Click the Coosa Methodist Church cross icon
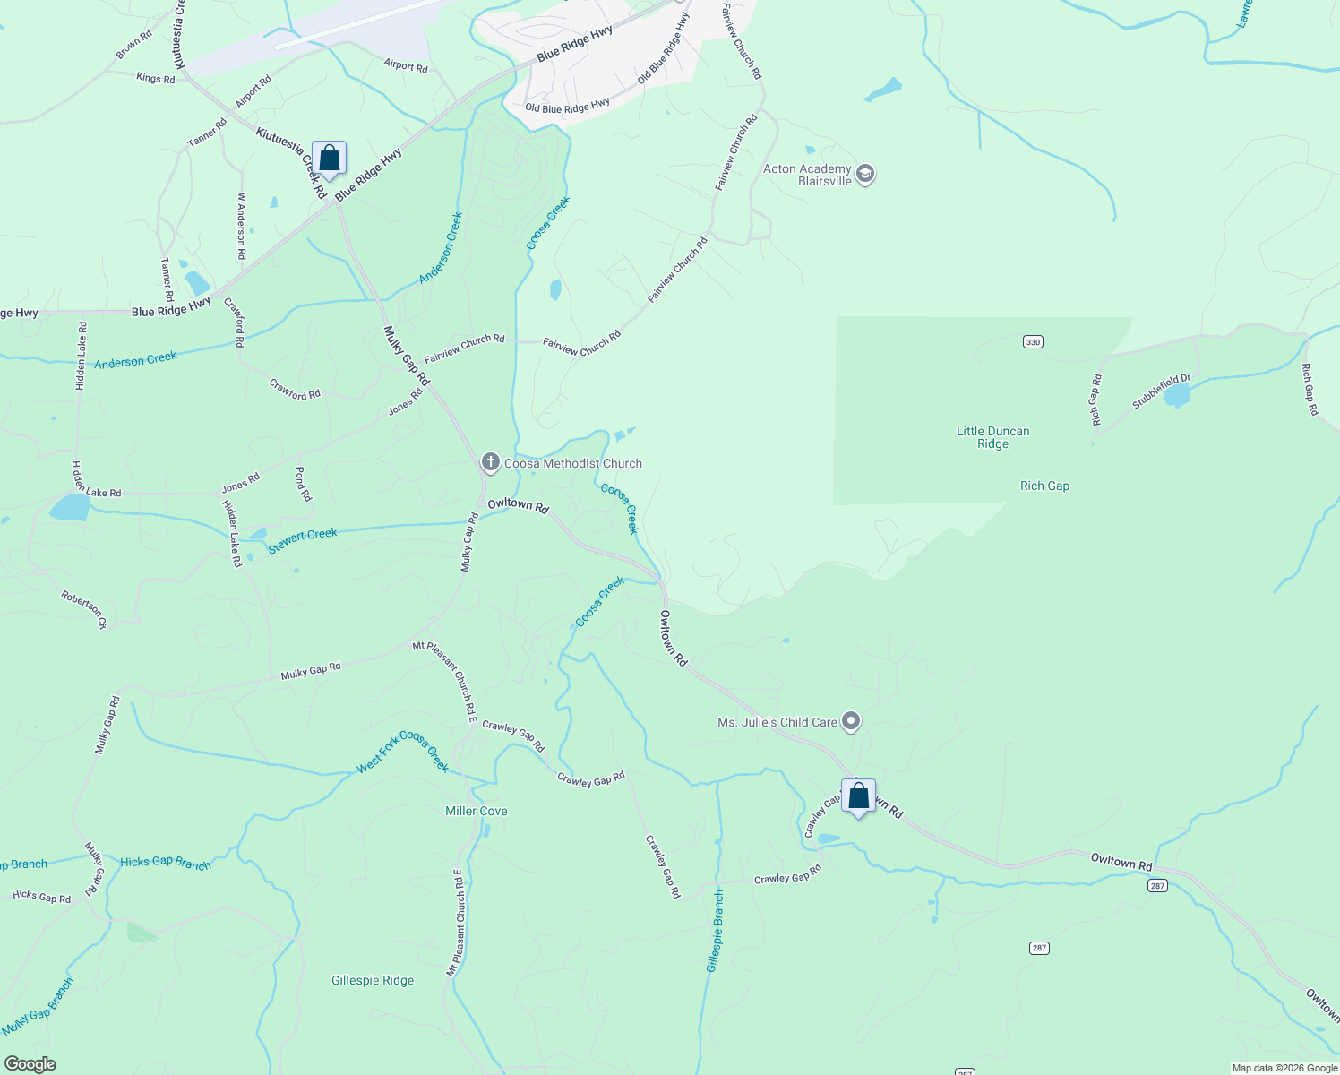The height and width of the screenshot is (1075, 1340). [490, 463]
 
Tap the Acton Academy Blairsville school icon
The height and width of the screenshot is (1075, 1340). [864, 174]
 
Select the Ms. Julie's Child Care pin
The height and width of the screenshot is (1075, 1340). [851, 721]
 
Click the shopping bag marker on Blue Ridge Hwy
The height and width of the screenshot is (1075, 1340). [329, 159]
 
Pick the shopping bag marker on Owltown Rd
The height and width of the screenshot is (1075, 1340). [858, 795]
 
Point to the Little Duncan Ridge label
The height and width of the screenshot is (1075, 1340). [992, 437]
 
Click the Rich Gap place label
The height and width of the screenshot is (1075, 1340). [1044, 486]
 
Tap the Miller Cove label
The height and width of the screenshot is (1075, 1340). [477, 811]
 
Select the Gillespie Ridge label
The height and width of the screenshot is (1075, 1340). [373, 980]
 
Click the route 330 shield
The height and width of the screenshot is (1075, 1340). [1033, 341]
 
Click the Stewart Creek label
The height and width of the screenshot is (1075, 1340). [303, 539]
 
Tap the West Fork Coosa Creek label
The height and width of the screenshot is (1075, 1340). [403, 751]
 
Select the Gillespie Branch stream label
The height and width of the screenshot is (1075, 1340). [715, 931]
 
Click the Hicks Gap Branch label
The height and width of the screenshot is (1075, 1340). [166, 863]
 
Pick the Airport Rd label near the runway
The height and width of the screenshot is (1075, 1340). [405, 65]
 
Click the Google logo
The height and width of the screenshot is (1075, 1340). [30, 1064]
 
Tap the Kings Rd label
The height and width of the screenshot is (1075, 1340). [155, 78]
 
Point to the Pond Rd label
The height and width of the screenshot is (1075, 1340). [302, 484]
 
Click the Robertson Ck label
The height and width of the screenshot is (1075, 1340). [84, 609]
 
